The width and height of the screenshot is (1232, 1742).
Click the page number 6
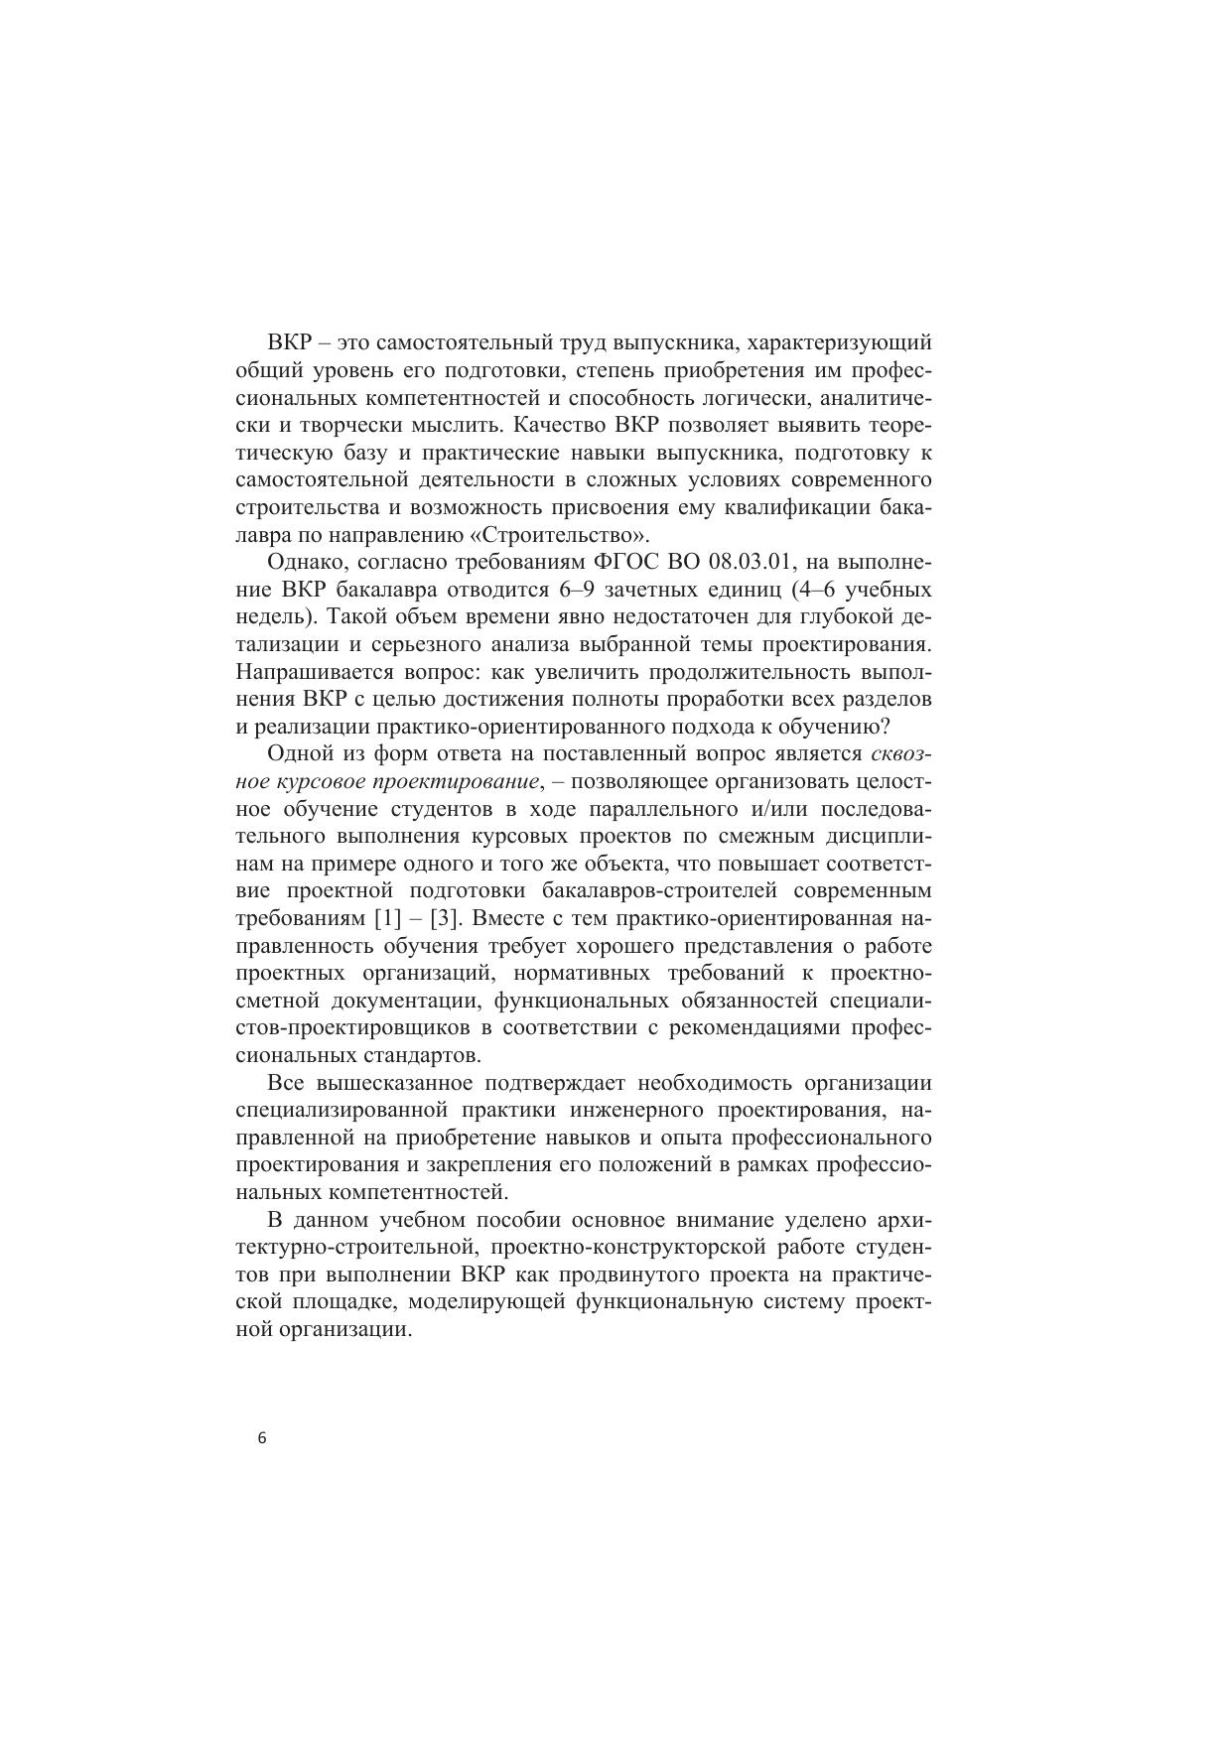[x=261, y=1438]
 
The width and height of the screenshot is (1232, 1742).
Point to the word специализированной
[x=340, y=1109]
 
